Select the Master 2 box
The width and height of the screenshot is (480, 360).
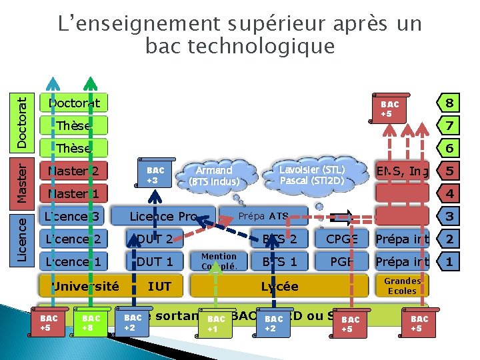(x=73, y=171)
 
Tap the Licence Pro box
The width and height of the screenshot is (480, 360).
(x=163, y=216)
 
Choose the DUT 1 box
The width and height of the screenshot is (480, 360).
(x=155, y=261)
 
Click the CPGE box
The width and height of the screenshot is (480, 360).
(x=342, y=239)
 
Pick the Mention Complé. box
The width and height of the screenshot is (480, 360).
(x=219, y=261)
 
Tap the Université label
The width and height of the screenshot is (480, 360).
(x=85, y=287)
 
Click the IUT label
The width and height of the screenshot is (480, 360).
(x=159, y=287)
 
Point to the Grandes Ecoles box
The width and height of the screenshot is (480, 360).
(x=401, y=287)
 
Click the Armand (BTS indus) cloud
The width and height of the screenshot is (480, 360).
(x=214, y=175)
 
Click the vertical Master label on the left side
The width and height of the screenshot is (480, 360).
(x=23, y=179)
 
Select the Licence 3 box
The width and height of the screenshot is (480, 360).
(x=73, y=216)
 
